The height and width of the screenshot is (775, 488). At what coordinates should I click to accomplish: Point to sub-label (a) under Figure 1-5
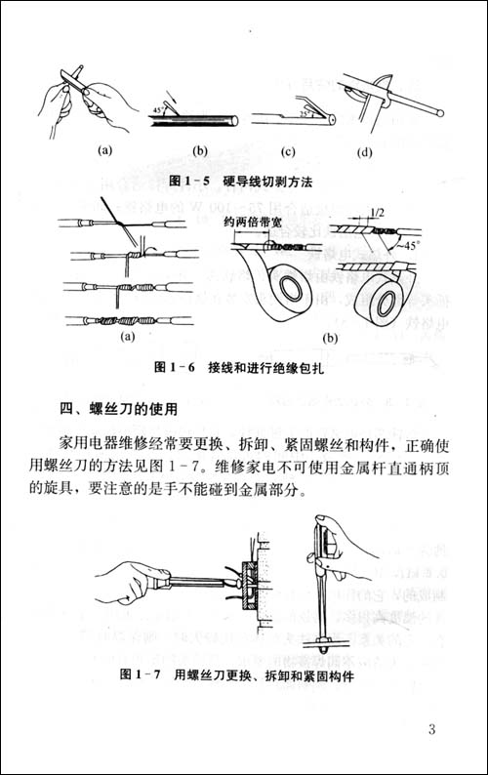click(105, 151)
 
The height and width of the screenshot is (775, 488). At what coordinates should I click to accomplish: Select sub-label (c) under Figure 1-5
click(289, 151)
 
